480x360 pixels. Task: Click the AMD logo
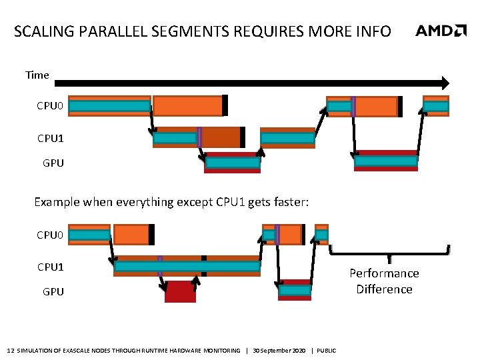[441, 31]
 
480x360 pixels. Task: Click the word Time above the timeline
[37, 75]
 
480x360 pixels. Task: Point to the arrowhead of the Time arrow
[443, 83]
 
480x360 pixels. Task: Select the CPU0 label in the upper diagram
[51, 106]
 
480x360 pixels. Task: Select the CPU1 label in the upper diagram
[51, 139]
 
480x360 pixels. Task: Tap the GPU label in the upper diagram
[53, 163]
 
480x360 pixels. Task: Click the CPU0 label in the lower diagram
[51, 235]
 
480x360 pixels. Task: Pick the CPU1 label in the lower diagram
[51, 267]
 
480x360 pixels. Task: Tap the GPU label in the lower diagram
[53, 291]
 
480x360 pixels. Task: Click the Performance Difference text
[384, 281]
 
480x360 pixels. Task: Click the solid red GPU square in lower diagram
[180, 292]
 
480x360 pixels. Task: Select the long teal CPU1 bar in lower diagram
[187, 267]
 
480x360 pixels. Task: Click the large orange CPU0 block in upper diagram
[188, 105]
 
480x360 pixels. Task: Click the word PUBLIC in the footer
[327, 351]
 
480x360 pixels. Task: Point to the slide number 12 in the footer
[9, 351]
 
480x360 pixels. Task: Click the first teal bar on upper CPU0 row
[109, 105]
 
